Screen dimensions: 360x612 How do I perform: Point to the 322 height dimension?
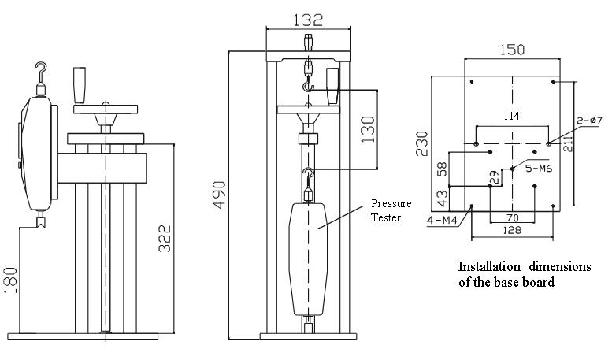(165, 236)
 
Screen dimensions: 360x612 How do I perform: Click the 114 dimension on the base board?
(512, 116)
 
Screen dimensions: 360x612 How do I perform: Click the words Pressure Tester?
(391, 210)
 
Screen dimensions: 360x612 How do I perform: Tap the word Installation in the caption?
(490, 265)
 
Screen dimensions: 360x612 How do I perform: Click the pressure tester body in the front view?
(308, 256)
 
